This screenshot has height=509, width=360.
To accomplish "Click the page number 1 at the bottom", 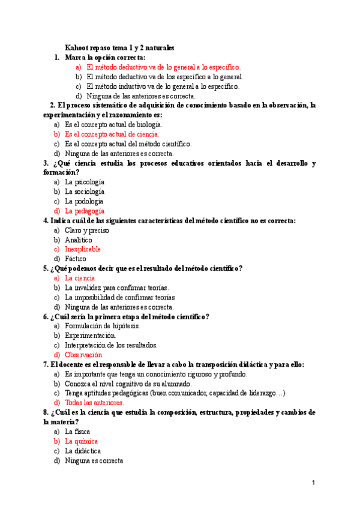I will click(x=313, y=483).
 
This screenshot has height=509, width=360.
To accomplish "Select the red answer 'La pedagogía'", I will click(x=85, y=211).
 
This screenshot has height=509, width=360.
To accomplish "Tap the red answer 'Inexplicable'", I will click(x=83, y=249).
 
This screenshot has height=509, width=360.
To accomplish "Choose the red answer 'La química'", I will click(x=81, y=441).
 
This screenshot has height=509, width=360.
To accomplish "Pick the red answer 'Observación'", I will click(x=83, y=355).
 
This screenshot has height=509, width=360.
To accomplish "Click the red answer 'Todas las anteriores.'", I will click(x=94, y=403).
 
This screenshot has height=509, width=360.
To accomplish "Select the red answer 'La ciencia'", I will click(x=80, y=278).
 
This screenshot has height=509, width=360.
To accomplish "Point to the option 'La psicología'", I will click(x=85, y=182).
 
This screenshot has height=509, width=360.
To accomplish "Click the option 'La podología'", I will click(x=84, y=201).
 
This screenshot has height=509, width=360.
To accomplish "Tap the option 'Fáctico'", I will click(x=76, y=259).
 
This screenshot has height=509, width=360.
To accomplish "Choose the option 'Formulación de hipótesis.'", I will click(x=103, y=326).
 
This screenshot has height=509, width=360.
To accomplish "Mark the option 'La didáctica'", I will click(x=83, y=451).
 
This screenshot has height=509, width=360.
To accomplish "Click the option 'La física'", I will click(x=78, y=432).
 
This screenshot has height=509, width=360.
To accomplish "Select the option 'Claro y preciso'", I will click(x=86, y=230).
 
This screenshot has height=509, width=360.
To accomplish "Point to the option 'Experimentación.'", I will click(x=91, y=336).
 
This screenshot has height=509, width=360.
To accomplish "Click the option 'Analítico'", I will click(x=79, y=239).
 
